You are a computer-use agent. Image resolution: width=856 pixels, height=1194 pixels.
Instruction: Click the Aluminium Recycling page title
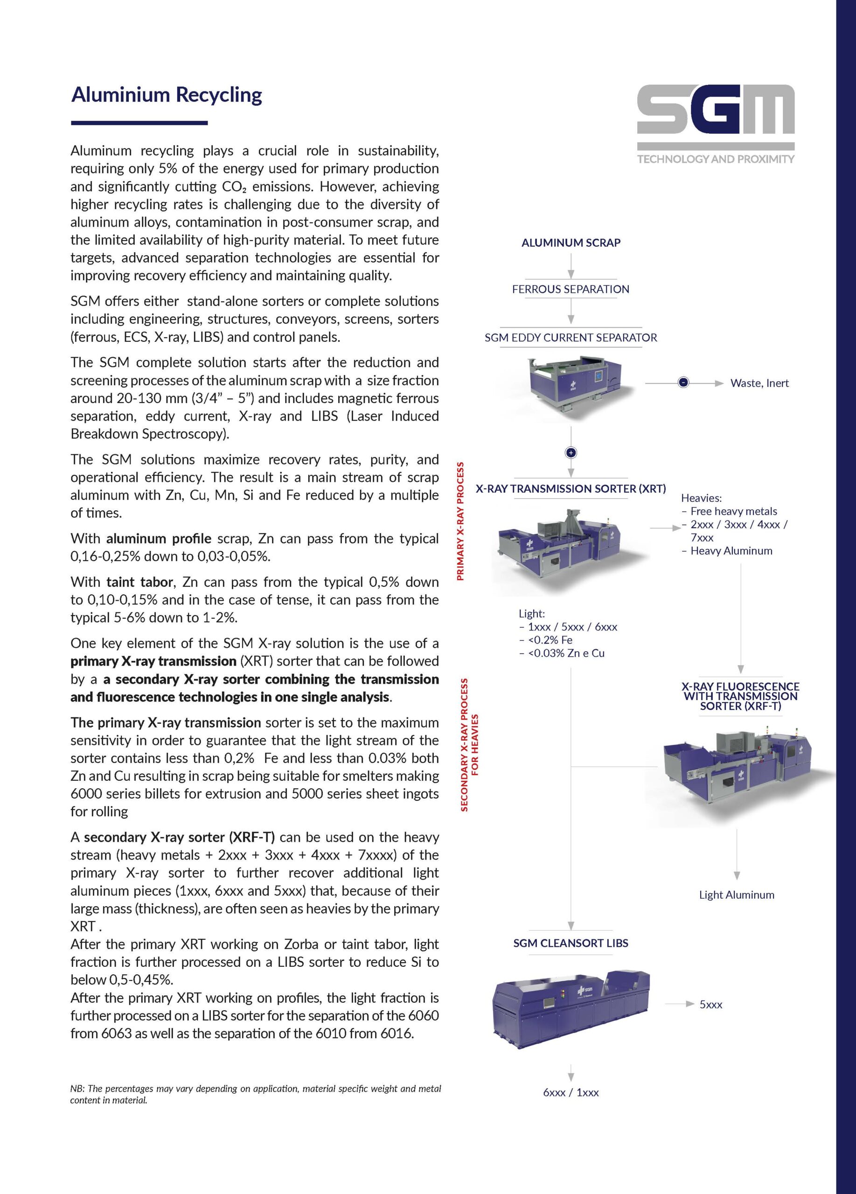[167, 95]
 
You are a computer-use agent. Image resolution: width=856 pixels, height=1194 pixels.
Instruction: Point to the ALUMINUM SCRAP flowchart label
[571, 243]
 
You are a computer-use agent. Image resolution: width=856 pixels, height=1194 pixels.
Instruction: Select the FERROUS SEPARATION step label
[571, 289]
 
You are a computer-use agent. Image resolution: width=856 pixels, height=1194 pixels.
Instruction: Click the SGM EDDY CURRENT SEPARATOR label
[571, 338]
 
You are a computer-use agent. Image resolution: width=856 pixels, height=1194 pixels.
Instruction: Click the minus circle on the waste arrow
[683, 383]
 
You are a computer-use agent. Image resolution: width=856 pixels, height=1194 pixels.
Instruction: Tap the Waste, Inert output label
[759, 383]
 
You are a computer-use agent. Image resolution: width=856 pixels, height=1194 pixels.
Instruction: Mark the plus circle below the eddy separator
[571, 453]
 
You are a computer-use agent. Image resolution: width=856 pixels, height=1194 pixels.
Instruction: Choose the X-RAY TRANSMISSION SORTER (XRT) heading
[571, 488]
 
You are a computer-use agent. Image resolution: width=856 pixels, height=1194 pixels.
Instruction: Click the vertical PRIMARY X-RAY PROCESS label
[460, 521]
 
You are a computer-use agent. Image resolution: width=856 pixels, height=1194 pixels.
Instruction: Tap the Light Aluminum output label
[737, 895]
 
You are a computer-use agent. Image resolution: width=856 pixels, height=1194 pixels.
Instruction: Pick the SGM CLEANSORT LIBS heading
[571, 943]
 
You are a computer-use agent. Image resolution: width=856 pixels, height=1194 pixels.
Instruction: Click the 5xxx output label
[711, 1005]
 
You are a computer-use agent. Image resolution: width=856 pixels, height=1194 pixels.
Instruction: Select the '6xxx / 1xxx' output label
[571, 1092]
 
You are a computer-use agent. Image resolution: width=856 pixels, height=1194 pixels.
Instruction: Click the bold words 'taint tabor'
[139, 582]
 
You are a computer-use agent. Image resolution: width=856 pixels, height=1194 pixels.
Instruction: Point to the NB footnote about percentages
[255, 1094]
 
